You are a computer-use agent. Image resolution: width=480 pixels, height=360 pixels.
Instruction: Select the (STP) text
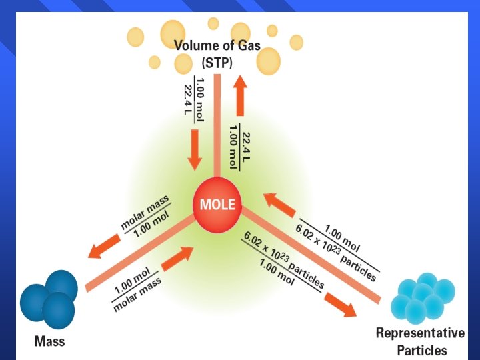click(217, 64)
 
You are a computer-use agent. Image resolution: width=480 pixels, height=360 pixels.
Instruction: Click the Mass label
click(49, 342)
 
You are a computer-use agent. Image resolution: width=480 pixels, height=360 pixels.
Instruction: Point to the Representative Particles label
click(420, 341)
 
